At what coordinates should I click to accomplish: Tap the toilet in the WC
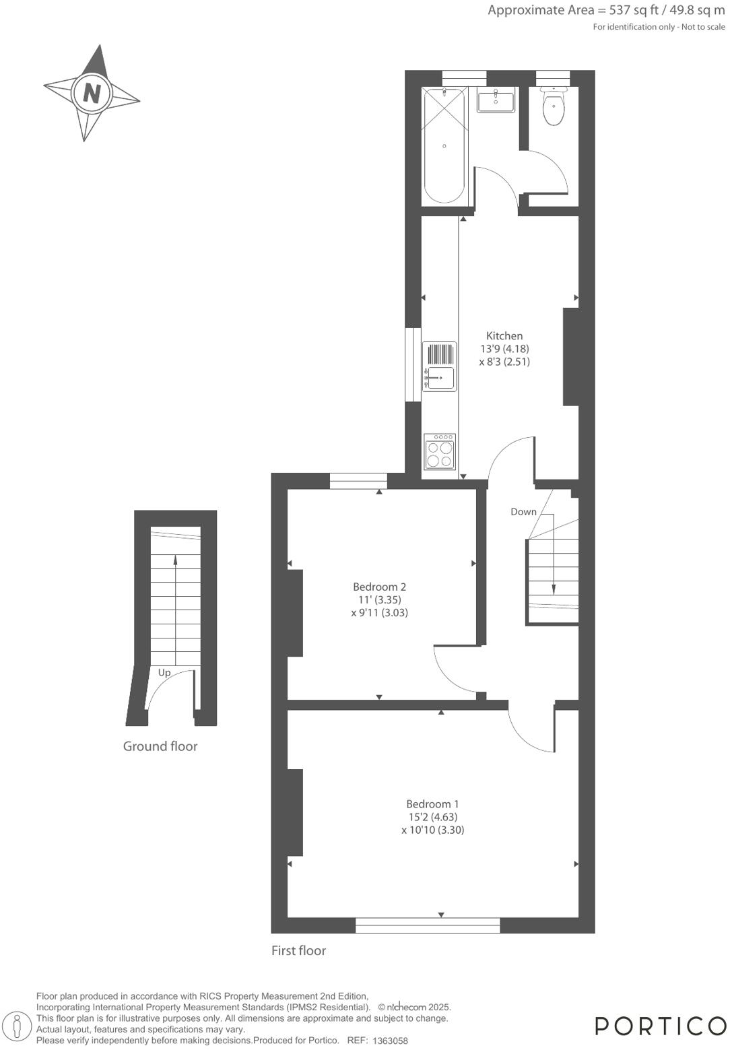coord(554,108)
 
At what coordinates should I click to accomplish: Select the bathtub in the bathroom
coord(444,145)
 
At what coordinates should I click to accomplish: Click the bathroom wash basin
coord(496,101)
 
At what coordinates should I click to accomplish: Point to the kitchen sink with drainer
coord(439,366)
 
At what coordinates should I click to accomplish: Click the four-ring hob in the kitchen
coord(439,451)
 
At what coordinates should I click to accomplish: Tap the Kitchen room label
coord(504,335)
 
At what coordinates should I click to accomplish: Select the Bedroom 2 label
coord(379,587)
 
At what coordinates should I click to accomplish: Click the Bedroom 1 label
coord(432,803)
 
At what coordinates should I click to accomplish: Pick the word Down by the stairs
coord(523,512)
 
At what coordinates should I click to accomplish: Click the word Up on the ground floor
coord(164,672)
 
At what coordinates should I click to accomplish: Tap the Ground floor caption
coord(160,746)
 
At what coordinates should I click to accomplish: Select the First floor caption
coord(298,950)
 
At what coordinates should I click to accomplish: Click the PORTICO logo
coord(660,1026)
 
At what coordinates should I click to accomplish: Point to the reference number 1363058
coord(390,1041)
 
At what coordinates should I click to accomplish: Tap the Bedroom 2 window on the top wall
coord(358,480)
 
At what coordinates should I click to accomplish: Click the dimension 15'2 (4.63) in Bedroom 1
coord(432,817)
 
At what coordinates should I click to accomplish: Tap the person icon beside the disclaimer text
coord(22,1026)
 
